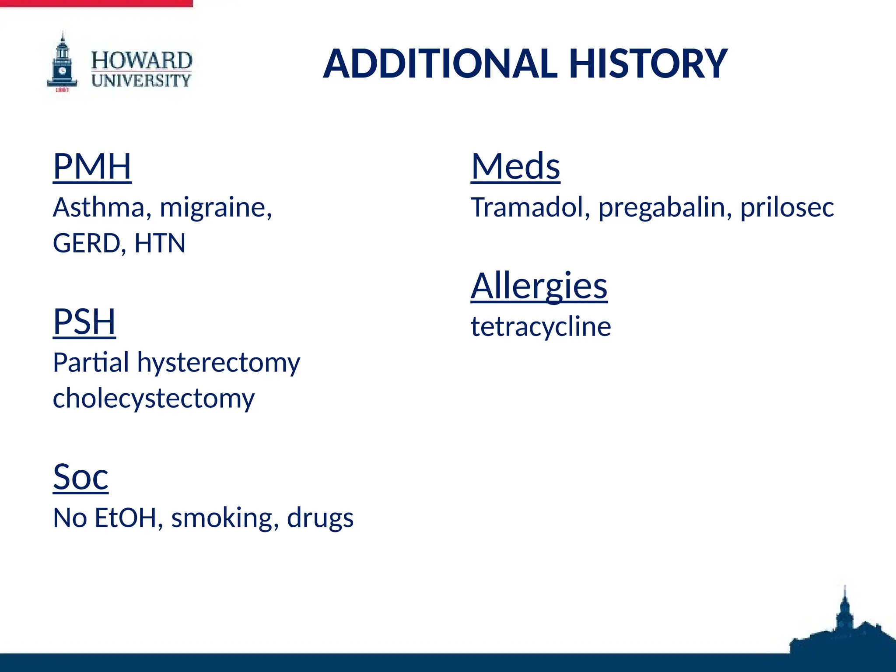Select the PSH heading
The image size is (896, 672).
(x=84, y=322)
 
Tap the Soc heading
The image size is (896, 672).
(x=80, y=477)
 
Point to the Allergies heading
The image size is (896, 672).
(x=539, y=286)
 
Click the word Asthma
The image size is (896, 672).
(x=99, y=207)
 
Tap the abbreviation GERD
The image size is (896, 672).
(x=87, y=244)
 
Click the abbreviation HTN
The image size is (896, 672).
(x=160, y=244)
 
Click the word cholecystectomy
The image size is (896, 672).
(x=154, y=399)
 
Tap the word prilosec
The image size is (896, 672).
(x=787, y=207)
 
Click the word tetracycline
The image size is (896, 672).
(x=541, y=327)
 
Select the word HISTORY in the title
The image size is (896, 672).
(x=648, y=64)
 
